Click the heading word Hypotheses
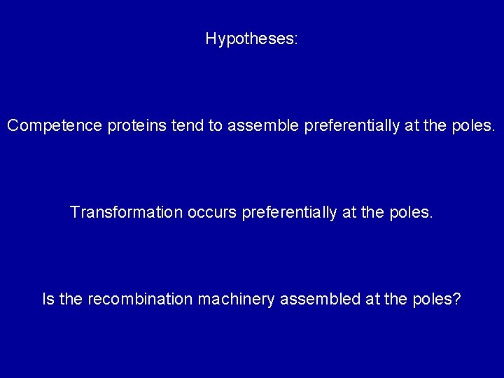[x=250, y=38]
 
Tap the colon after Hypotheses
[x=296, y=40]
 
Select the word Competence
[x=48, y=127]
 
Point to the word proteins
[x=120, y=127]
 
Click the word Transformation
[x=126, y=212]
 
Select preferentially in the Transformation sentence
[x=289, y=212]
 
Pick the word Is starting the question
[x=48, y=299]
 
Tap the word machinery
[x=235, y=299]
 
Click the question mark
[x=456, y=299]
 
